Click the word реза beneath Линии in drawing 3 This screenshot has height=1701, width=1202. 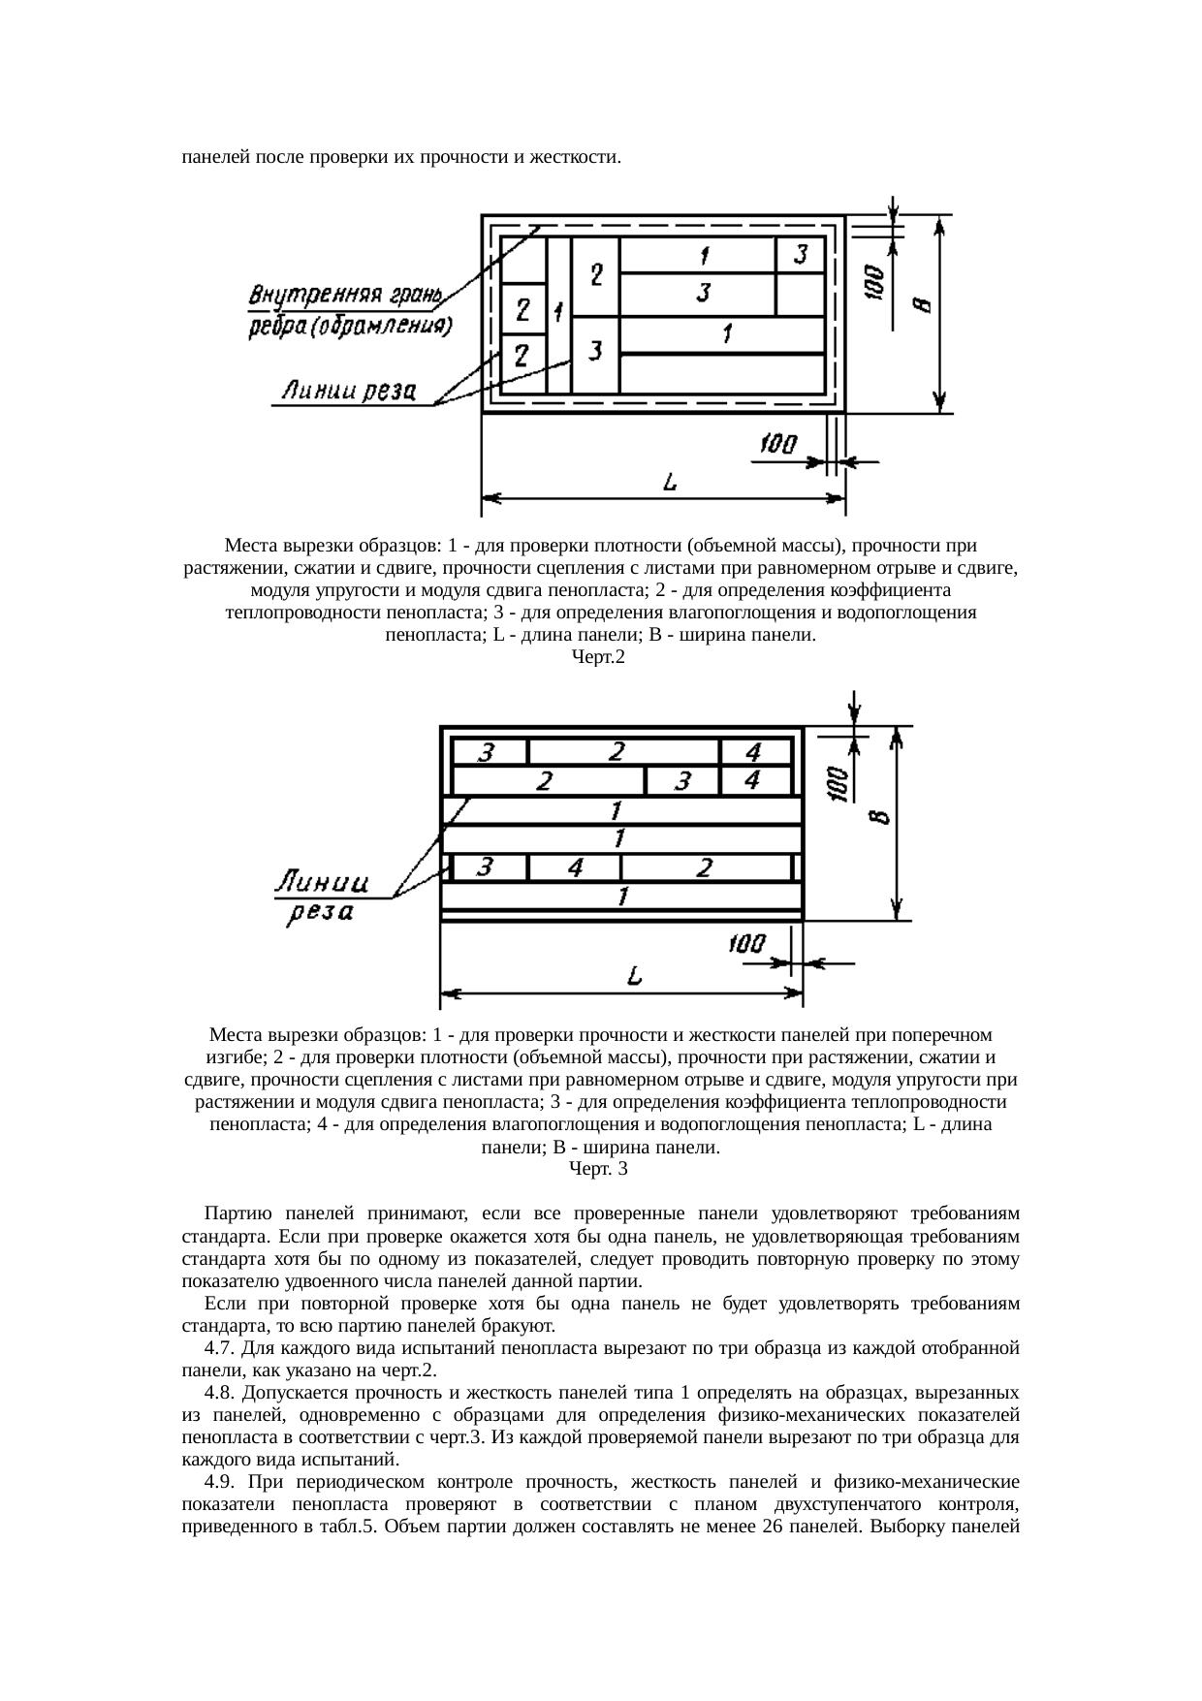[x=318, y=913]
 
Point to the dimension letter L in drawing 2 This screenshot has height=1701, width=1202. [x=669, y=482]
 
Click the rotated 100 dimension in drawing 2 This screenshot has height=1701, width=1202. [x=872, y=281]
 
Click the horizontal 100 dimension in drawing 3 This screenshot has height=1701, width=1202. [x=746, y=943]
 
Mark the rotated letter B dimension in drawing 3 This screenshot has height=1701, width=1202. [x=876, y=817]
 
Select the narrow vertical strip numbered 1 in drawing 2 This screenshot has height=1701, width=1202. [x=559, y=312]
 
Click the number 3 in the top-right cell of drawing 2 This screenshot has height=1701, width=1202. [x=801, y=255]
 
